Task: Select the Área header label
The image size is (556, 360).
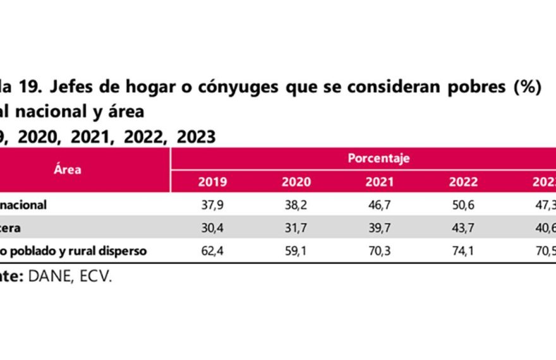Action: [68, 170]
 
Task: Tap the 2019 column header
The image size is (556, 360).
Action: [212, 183]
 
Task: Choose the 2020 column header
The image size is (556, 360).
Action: [296, 183]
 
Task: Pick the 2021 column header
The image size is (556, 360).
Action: [379, 183]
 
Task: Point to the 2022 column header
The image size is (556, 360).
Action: [463, 183]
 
